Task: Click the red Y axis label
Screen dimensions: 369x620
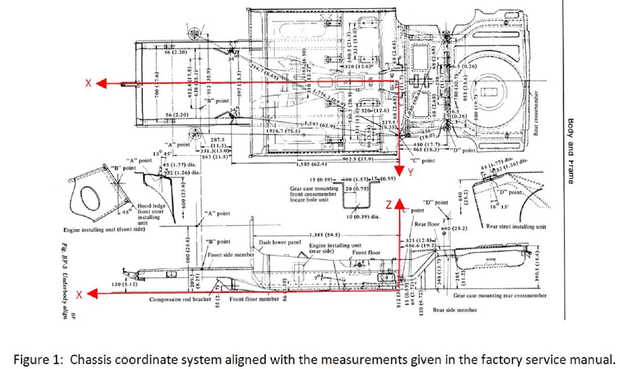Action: tap(410, 172)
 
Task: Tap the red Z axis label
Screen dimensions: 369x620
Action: tap(389, 205)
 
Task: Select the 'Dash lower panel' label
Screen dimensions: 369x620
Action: tap(280, 242)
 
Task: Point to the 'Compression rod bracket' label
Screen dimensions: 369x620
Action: tap(180, 300)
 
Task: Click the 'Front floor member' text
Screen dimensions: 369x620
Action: tap(254, 299)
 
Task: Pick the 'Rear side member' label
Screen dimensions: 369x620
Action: tap(455, 310)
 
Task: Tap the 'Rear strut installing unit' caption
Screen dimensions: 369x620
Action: tap(516, 227)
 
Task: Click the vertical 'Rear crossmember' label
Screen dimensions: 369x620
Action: tap(535, 113)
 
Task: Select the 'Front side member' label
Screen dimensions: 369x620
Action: tap(231, 255)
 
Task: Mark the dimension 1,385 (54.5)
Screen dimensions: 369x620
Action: tap(324, 235)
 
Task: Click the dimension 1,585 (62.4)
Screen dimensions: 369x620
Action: tap(311, 164)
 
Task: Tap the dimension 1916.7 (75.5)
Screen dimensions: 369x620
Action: tap(283, 131)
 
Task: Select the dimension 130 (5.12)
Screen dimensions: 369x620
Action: tap(124, 284)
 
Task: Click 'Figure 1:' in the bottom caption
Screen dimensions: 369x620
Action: tap(38, 360)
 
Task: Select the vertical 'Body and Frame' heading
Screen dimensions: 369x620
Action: tap(570, 151)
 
